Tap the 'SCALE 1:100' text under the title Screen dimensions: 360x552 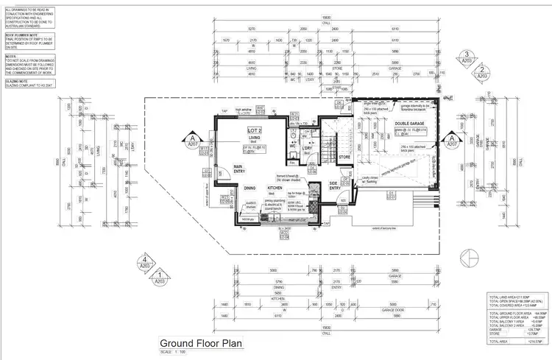[174, 352]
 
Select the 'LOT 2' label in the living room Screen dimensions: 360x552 [255, 130]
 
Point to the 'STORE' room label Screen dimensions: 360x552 [344, 157]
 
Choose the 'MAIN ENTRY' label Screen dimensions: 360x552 [238, 169]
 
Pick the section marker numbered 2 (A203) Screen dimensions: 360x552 [481, 71]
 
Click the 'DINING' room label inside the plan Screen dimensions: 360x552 [250, 188]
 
